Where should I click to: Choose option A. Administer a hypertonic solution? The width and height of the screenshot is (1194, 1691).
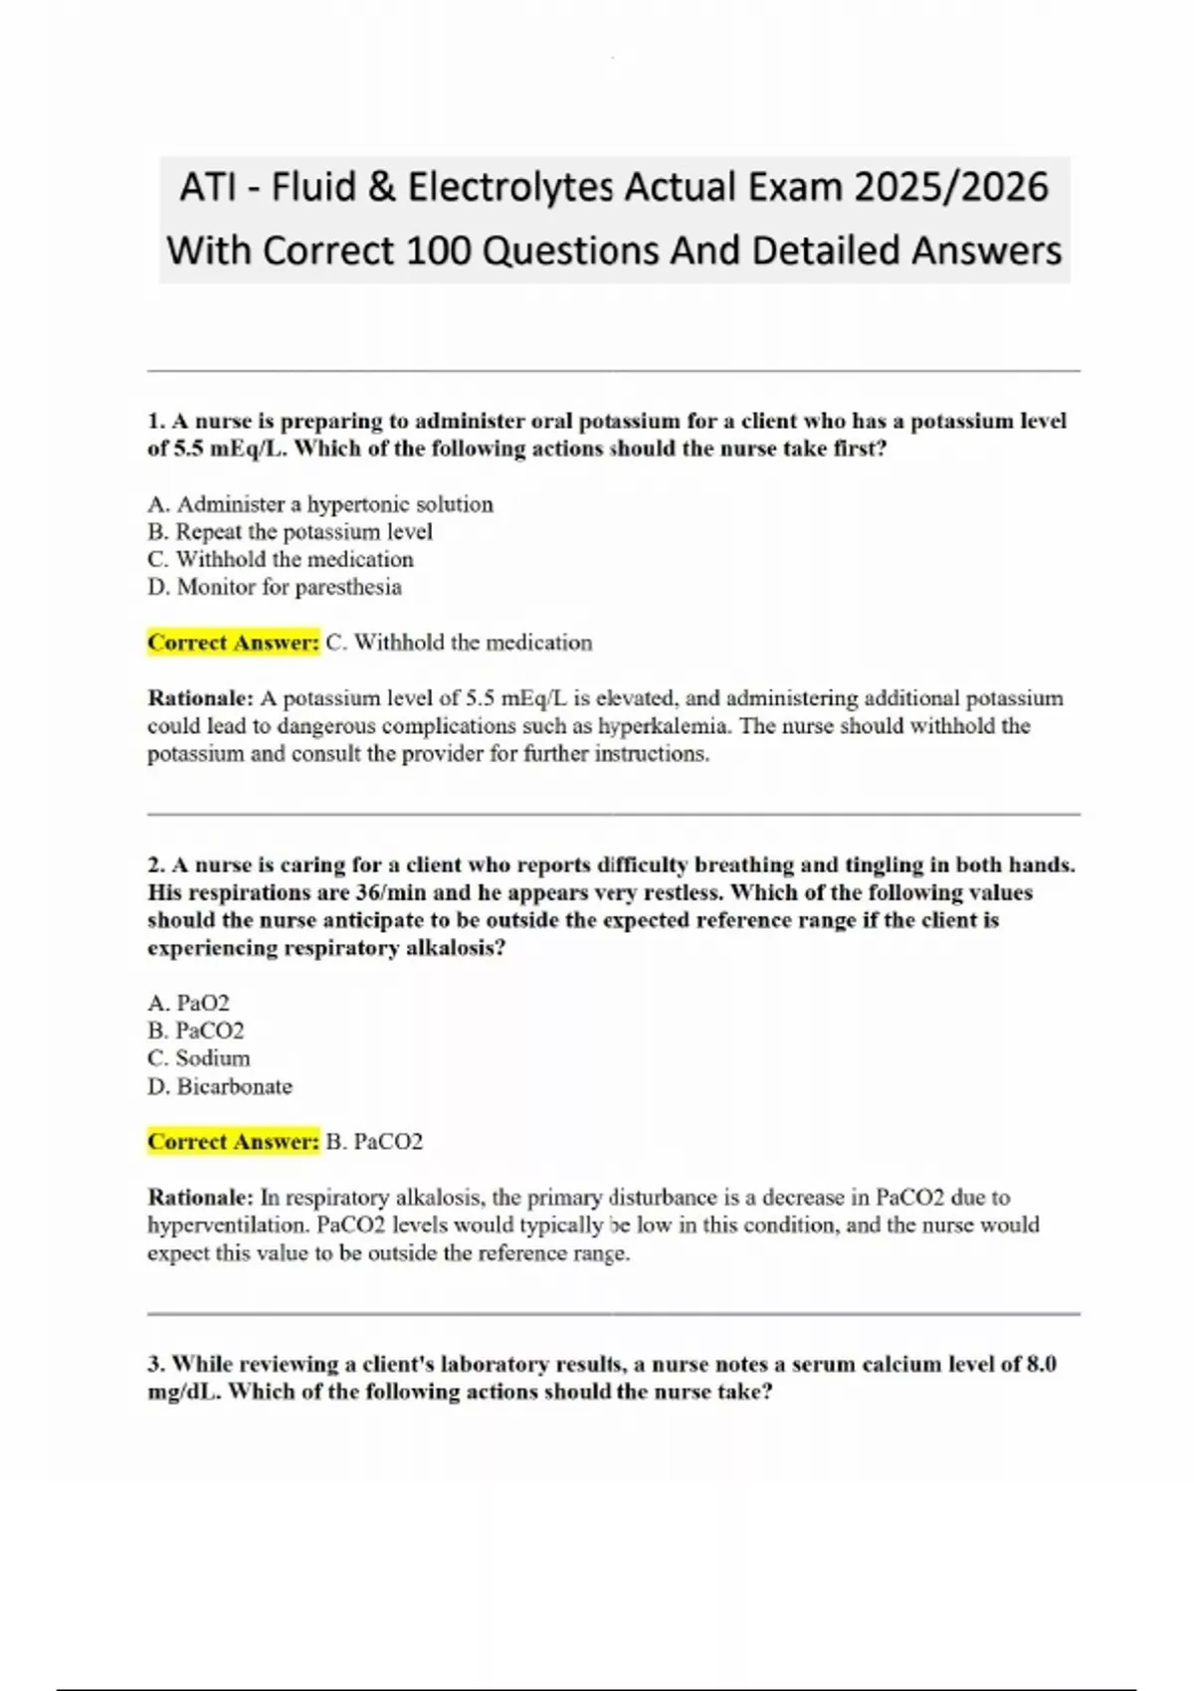click(319, 504)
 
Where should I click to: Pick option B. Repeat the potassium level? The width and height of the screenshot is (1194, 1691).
click(290, 532)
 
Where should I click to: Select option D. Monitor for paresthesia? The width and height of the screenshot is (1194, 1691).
click(275, 587)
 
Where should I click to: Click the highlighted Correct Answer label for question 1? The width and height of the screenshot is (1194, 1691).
click(233, 643)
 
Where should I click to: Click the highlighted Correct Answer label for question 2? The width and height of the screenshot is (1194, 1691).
click(233, 1142)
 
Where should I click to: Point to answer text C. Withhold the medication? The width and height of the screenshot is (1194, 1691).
click(459, 643)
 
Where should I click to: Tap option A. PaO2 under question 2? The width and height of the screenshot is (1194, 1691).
click(188, 1003)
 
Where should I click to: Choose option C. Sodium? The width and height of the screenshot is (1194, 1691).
click(199, 1058)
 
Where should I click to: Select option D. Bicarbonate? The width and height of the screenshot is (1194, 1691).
click(220, 1086)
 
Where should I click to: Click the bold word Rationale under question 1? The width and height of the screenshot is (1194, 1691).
click(200, 698)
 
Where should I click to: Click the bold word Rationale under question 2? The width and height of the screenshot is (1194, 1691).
click(200, 1198)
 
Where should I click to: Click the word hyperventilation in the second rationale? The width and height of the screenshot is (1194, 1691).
click(225, 1225)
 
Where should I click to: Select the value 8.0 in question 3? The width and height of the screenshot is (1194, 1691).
click(1040, 1364)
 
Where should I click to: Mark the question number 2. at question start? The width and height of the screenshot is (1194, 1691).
click(156, 865)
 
